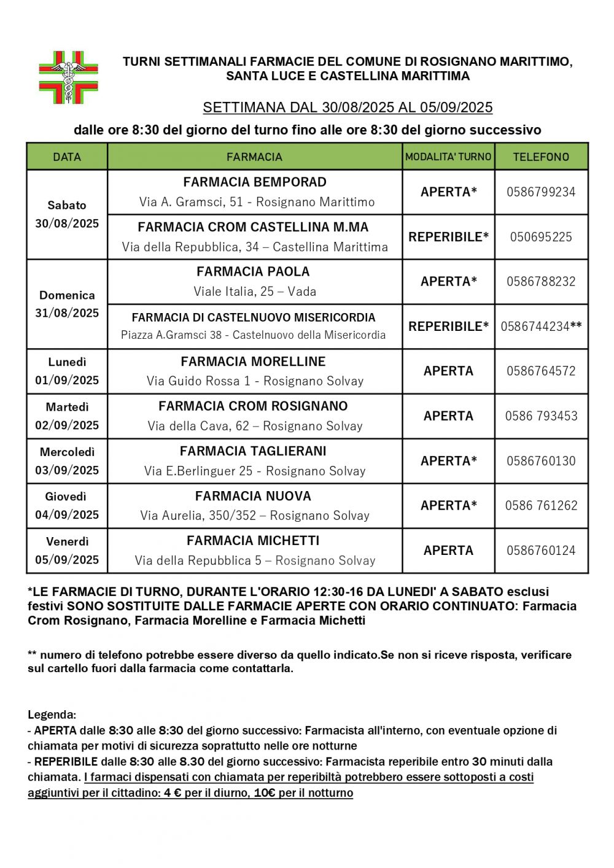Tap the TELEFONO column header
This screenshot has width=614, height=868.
[541, 157]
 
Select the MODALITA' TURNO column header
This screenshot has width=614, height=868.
[448, 157]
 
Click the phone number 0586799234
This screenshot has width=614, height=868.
[541, 192]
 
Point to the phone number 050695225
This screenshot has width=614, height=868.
[541, 237]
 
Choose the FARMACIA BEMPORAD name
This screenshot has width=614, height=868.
[255, 182]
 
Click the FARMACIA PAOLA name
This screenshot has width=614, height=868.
[253, 271]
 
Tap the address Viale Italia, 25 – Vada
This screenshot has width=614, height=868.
[255, 292]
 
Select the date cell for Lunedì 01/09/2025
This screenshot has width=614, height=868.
[67, 371]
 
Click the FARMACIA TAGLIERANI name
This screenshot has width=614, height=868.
[253, 451]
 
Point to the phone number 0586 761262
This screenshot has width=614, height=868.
[541, 506]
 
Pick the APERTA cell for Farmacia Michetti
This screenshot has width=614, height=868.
[448, 551]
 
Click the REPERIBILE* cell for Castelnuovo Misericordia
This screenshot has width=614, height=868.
[448, 327]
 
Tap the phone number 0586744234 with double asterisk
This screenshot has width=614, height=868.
[541, 327]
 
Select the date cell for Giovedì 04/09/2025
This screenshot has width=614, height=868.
[67, 506]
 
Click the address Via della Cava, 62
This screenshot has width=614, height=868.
[255, 426]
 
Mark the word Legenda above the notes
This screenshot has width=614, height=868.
[52, 715]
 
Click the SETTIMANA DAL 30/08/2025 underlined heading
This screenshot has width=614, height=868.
[348, 108]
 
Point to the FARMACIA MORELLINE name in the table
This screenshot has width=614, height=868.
[253, 362]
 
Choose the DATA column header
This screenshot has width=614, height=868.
[67, 157]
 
